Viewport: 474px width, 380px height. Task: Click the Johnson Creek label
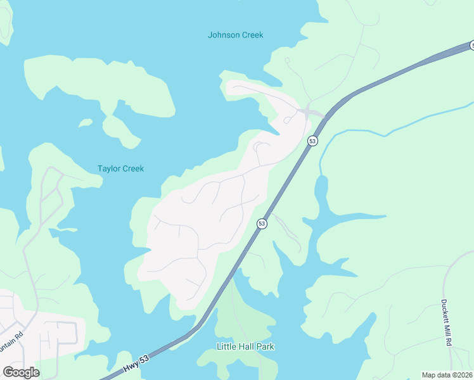click(x=235, y=35)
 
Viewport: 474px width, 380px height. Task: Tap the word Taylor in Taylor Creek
click(x=108, y=168)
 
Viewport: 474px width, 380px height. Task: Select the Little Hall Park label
click(x=246, y=347)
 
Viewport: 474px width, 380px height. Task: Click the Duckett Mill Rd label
click(x=448, y=322)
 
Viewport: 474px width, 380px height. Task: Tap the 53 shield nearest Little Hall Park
click(x=262, y=224)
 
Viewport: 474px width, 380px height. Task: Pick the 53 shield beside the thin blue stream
click(x=312, y=141)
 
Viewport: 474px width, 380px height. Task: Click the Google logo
click(x=21, y=372)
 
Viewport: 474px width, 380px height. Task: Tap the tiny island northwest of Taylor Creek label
click(x=85, y=123)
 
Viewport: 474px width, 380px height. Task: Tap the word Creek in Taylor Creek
click(x=132, y=168)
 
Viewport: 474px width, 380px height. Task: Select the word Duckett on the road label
click(x=448, y=309)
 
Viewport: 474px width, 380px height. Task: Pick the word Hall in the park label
click(x=245, y=347)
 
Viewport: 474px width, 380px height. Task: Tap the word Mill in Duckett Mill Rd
click(x=448, y=327)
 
